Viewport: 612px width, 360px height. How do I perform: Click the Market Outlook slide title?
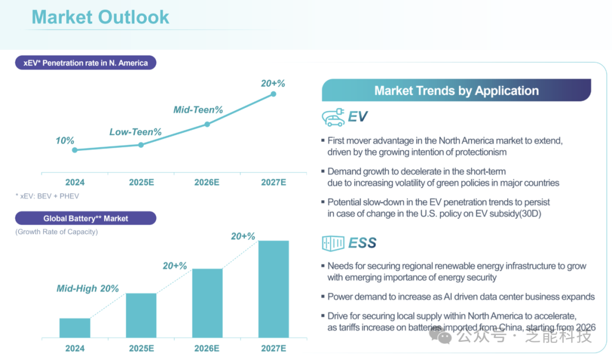[x=100, y=17]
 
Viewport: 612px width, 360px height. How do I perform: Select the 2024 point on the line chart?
[x=75, y=150]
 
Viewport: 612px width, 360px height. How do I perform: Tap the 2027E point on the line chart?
[x=273, y=94]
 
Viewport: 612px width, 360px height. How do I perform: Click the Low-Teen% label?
[x=135, y=132]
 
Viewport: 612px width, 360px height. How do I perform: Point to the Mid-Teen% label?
[x=198, y=110]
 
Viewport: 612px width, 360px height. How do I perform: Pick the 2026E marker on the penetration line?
[x=207, y=124]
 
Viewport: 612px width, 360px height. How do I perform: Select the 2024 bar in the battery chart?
[x=75, y=328]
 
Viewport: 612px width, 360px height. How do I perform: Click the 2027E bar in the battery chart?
[x=273, y=289]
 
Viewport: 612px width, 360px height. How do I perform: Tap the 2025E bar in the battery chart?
[x=141, y=315]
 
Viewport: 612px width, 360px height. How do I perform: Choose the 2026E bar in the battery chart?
[x=207, y=303]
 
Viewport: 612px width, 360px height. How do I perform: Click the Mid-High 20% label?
[x=88, y=289]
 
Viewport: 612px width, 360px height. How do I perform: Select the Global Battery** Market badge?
[x=86, y=218]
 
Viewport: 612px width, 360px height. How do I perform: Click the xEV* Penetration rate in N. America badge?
[x=86, y=63]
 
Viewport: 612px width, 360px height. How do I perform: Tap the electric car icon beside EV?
[x=333, y=117]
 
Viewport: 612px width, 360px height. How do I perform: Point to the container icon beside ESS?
[x=333, y=243]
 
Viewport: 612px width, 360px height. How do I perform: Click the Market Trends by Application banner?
[x=456, y=91]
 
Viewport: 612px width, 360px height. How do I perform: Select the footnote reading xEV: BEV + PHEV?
[x=47, y=196]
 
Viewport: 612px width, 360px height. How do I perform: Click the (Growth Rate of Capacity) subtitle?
[x=56, y=232]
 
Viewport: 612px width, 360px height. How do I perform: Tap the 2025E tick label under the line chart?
[x=141, y=182]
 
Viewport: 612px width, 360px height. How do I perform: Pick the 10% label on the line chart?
[x=65, y=140]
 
